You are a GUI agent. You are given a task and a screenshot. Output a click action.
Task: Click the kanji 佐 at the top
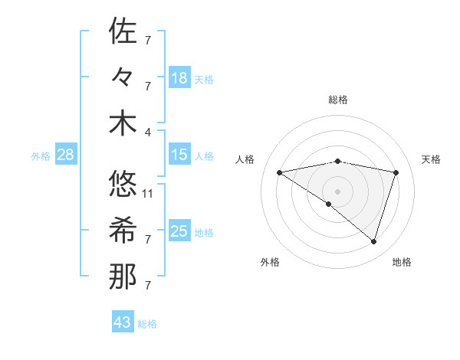point(123,31)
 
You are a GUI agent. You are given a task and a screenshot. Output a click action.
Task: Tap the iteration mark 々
point(123,77)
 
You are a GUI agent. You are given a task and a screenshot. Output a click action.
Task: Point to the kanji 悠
point(123,184)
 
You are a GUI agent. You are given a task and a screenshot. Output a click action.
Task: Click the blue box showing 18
point(179,78)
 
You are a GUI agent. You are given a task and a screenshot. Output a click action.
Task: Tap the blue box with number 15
point(179,155)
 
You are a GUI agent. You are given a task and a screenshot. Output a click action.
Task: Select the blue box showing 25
point(179,231)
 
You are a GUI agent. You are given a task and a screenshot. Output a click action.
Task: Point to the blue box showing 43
point(123,322)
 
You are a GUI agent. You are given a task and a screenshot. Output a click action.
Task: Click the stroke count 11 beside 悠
point(149,193)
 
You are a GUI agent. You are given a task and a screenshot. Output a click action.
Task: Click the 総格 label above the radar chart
point(337,100)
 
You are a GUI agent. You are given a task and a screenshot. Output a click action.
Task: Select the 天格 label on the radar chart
point(431,159)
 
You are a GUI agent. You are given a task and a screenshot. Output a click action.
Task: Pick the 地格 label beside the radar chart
point(402,262)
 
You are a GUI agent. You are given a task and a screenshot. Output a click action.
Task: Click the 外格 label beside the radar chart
point(270,262)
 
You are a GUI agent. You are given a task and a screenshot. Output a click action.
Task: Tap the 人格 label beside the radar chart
point(245,159)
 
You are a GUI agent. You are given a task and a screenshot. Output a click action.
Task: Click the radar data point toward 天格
point(396,172)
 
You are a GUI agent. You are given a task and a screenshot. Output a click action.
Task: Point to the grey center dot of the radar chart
point(337,190)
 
